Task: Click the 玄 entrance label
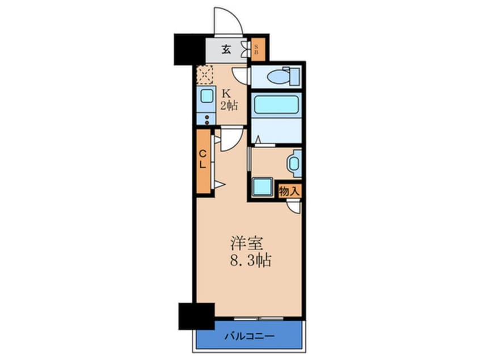pos(226,49)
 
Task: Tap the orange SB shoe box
pos(256,50)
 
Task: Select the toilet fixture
pos(279,76)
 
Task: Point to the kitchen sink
pos(206,97)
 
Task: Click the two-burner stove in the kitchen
pos(206,119)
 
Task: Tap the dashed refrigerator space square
pos(204,74)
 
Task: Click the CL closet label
pos(203,161)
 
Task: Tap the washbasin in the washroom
pos(293,164)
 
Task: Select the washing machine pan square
pos(263,187)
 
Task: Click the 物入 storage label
pos(289,191)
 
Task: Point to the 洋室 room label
pos(246,243)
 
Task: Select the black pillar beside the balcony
pos(196,316)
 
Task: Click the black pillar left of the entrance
pos(188,49)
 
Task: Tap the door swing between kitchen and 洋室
pos(231,139)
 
